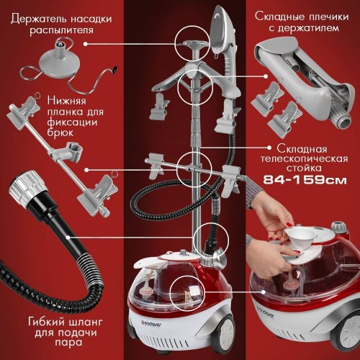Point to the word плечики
[322, 12]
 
